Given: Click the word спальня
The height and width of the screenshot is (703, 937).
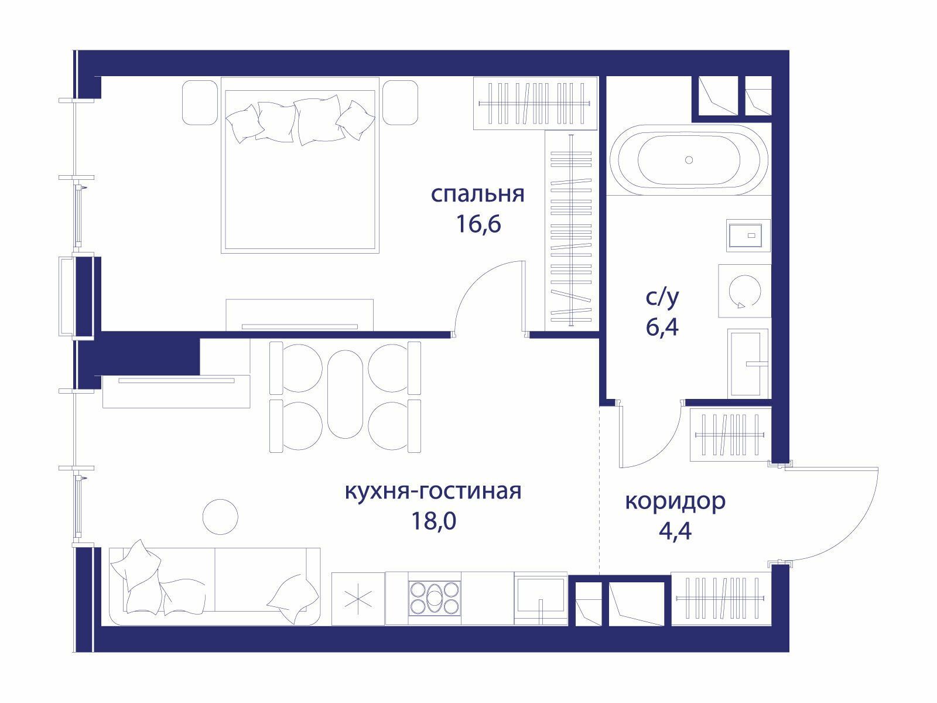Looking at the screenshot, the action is click(478, 194).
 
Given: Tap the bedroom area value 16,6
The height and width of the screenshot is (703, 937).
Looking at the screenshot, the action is click(478, 224).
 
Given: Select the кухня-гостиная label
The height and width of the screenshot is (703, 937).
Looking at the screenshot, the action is click(433, 492).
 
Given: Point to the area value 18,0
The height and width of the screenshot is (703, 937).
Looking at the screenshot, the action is click(433, 521).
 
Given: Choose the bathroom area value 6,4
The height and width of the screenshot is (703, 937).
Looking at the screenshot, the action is click(662, 327).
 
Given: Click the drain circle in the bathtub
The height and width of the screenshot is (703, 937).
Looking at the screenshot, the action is click(689, 160).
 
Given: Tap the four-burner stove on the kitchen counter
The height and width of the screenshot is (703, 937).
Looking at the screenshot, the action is click(434, 598).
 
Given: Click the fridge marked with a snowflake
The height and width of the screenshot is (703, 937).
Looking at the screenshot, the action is click(358, 598).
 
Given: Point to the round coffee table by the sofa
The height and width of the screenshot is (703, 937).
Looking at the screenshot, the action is click(220, 517).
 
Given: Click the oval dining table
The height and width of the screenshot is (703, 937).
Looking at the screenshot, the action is click(346, 394).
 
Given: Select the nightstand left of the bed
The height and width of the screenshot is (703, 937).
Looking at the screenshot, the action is click(200, 103).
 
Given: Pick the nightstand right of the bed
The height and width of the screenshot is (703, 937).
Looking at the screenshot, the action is click(400, 103).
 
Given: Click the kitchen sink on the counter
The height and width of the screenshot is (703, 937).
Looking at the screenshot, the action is click(541, 598).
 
